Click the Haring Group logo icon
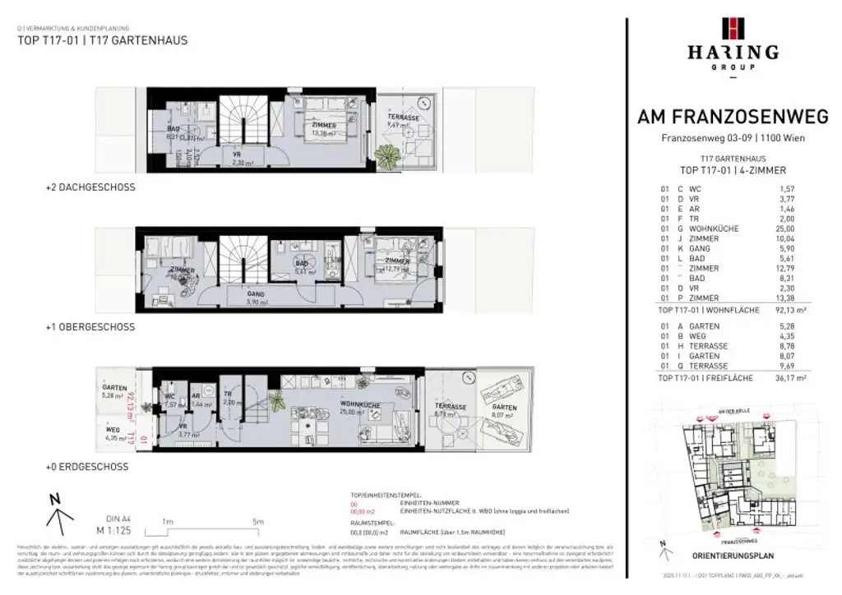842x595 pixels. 733,29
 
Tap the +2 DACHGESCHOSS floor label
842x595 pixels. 90,187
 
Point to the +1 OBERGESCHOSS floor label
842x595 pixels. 90,327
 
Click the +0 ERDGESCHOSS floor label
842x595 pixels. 87,467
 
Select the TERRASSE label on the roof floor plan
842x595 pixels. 404,118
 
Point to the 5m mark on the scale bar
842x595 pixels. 257,522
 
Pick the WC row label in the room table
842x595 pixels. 696,189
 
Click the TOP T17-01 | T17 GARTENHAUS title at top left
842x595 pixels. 103,39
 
